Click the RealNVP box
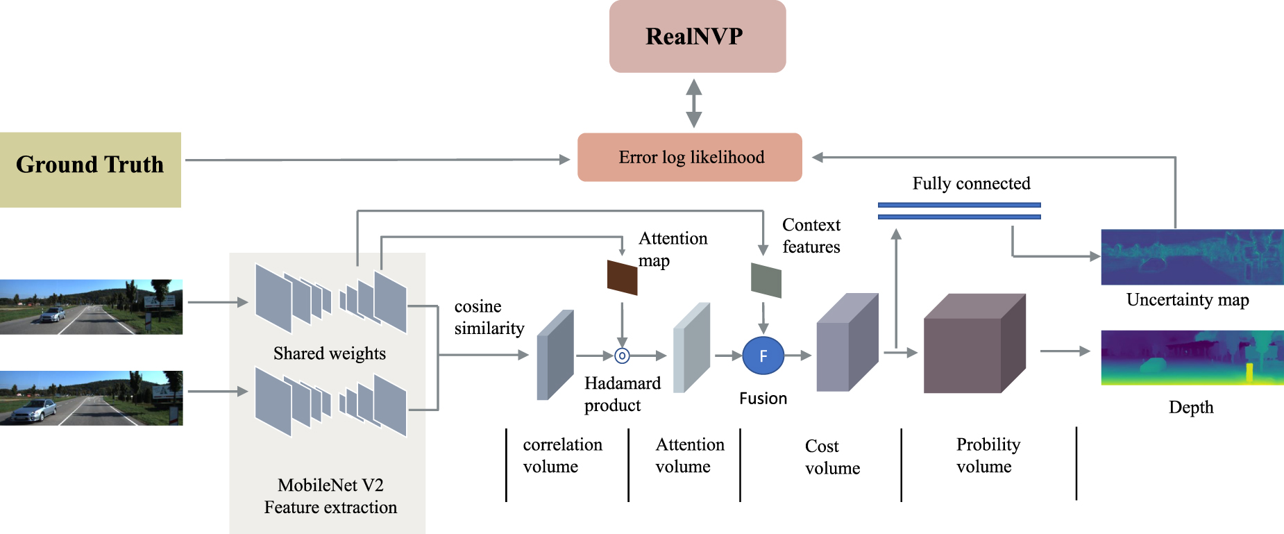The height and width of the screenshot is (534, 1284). point(697,36)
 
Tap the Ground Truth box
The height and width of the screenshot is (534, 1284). point(90,169)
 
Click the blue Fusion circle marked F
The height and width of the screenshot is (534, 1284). point(763,356)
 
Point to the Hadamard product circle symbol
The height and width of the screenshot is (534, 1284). point(622,356)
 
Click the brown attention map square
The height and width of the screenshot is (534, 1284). point(622,278)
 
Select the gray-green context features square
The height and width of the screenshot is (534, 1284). point(766,281)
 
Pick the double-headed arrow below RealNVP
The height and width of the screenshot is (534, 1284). point(693,103)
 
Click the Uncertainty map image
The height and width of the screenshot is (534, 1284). point(1192,257)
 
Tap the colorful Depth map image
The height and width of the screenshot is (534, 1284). point(1192,358)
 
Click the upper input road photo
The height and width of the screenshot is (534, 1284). point(91,307)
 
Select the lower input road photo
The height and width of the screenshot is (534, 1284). point(91,398)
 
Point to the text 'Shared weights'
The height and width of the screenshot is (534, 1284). point(329,353)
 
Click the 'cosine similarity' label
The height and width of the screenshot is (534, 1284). point(489,317)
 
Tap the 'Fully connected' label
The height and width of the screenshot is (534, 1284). point(971,183)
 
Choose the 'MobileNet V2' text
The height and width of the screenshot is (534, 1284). point(330,485)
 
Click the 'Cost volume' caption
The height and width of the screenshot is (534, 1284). point(831,457)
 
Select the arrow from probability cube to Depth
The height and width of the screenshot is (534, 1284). point(1065,351)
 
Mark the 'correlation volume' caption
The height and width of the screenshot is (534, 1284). point(562,456)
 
